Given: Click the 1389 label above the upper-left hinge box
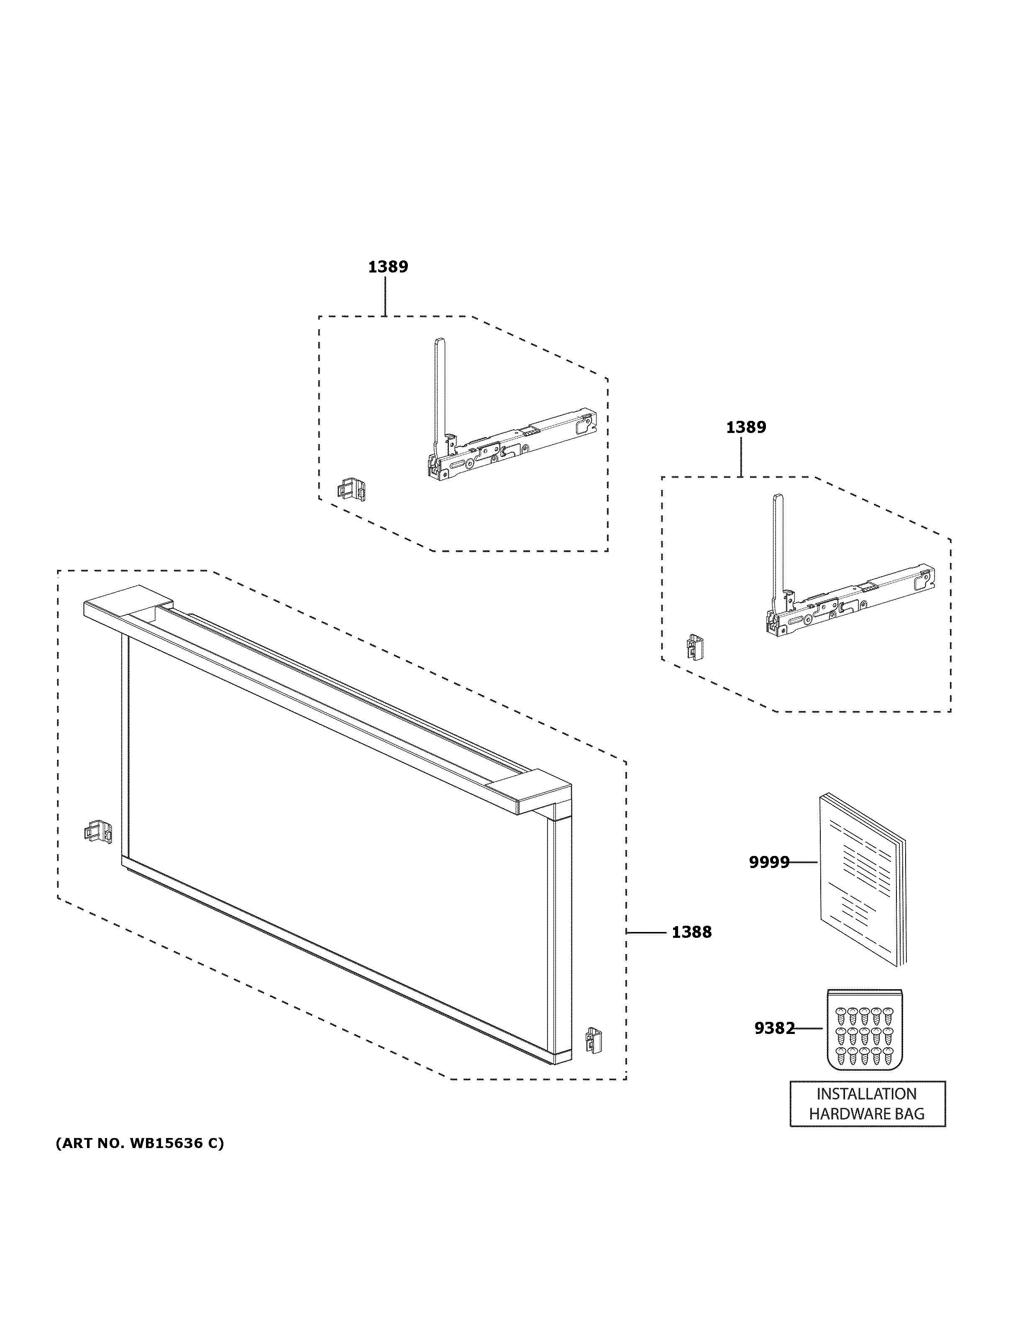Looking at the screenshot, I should [x=388, y=267].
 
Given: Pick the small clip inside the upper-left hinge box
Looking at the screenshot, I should [x=352, y=489].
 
